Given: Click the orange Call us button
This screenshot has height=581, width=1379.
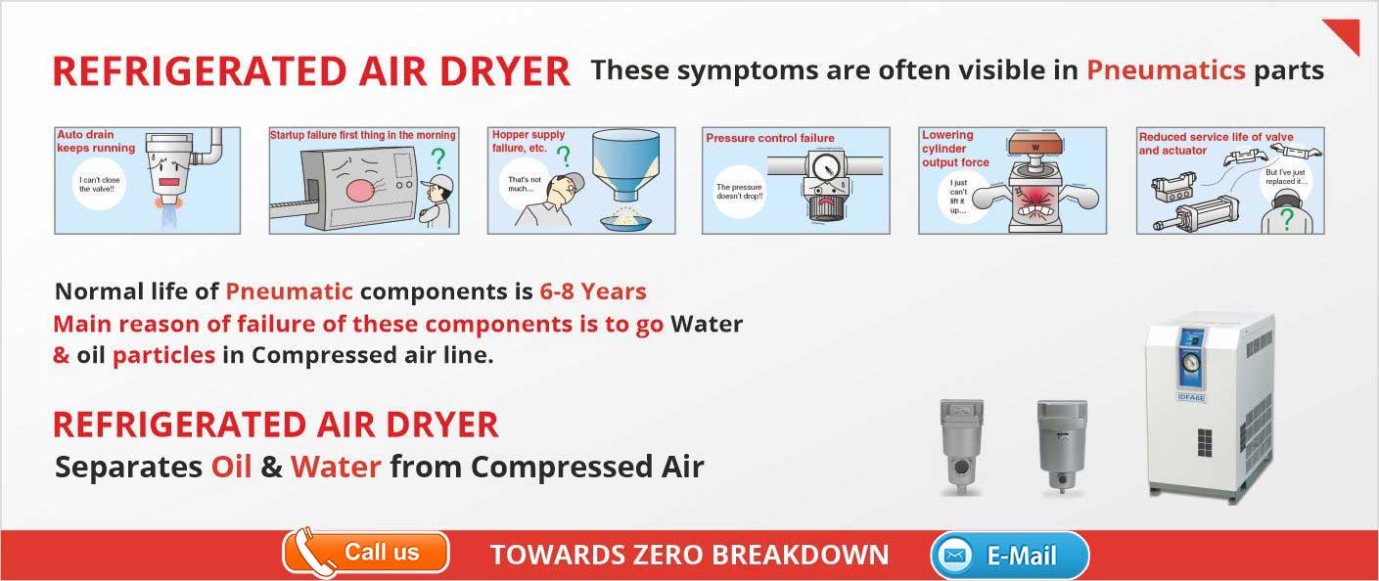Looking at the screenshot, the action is [x=366, y=553].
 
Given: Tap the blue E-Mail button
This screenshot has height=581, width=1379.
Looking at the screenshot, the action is [x=1010, y=556].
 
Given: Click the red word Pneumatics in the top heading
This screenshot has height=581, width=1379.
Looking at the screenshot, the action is [x=1166, y=70].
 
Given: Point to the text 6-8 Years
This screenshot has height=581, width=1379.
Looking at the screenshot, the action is [x=593, y=291].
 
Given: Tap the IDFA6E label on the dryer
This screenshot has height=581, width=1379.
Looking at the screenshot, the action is [x=1191, y=397].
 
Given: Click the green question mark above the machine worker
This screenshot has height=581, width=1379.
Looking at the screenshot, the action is [x=437, y=158].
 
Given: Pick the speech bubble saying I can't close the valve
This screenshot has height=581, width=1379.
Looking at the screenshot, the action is [x=99, y=184].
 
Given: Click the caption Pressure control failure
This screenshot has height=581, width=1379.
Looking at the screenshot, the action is [x=770, y=138].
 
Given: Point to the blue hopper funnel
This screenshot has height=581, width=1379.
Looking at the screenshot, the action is [x=625, y=163].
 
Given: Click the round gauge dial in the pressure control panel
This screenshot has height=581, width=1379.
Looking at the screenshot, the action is [x=824, y=167].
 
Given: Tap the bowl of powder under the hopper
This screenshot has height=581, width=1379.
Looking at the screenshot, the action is [x=626, y=220].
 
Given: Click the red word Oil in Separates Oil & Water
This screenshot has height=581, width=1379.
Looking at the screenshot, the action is [x=232, y=467].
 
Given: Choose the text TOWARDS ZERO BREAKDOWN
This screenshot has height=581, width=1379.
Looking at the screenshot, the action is [x=689, y=556].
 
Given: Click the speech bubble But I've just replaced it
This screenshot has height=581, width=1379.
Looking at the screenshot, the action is [x=1285, y=179].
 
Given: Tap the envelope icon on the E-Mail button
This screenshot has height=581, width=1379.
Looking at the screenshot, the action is [x=954, y=556].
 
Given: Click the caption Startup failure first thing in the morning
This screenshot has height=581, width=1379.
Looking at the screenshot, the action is [x=362, y=135].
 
